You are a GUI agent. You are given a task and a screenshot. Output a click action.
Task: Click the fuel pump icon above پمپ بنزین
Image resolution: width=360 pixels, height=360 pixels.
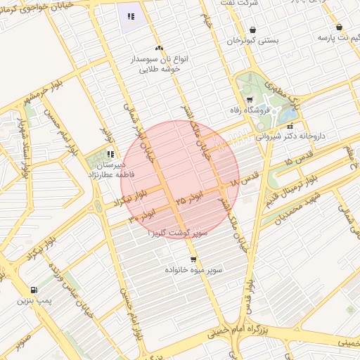tap(34, 290)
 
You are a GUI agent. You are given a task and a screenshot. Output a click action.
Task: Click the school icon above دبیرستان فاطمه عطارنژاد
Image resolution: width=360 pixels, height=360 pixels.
tap(110, 153)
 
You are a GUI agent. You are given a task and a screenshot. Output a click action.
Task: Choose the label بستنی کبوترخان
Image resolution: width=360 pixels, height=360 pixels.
tap(252, 41)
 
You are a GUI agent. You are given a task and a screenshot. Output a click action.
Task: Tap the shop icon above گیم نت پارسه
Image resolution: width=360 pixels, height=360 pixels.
tap(339, 26)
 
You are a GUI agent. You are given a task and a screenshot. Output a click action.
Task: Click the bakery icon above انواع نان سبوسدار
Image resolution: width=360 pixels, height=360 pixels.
tap(159, 49)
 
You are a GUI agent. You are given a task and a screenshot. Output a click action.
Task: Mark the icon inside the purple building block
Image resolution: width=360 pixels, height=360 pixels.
tap(130, 16)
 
